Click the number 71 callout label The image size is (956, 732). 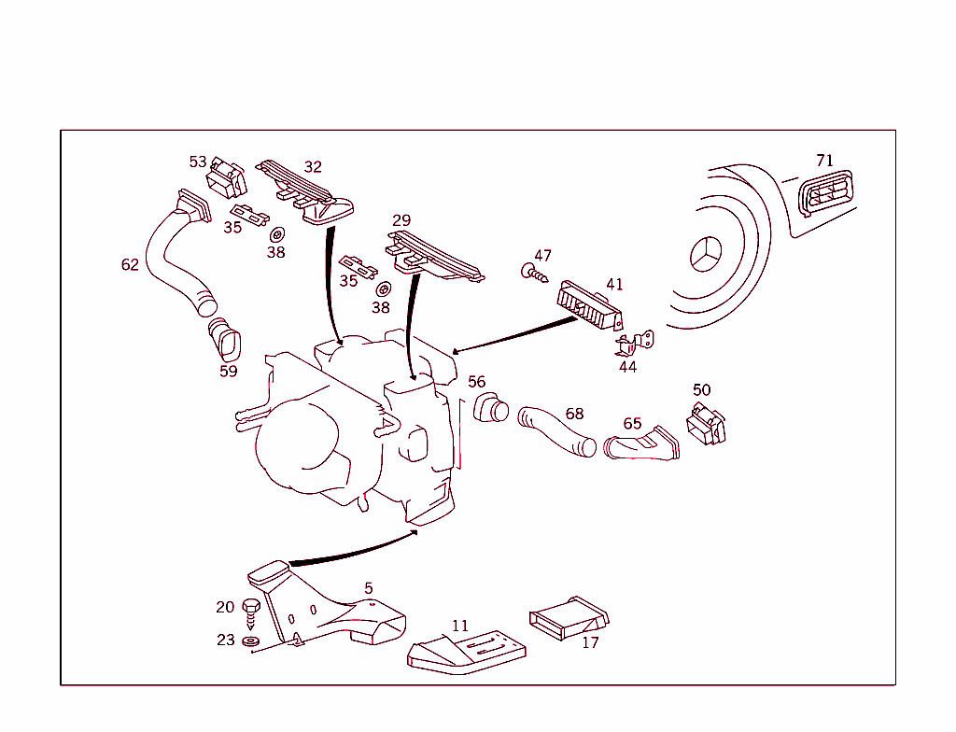click(824, 161)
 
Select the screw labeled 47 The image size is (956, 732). click(530, 273)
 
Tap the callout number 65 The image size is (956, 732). click(632, 424)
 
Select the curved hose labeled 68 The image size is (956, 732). click(556, 430)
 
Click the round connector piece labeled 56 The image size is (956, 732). click(491, 409)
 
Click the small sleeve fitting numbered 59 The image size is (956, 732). click(225, 341)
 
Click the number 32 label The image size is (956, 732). click(313, 167)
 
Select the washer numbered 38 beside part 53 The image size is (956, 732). click(276, 234)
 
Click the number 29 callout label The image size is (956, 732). click(401, 220)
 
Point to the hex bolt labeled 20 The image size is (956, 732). click(251, 612)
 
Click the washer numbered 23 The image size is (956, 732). click(249, 643)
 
